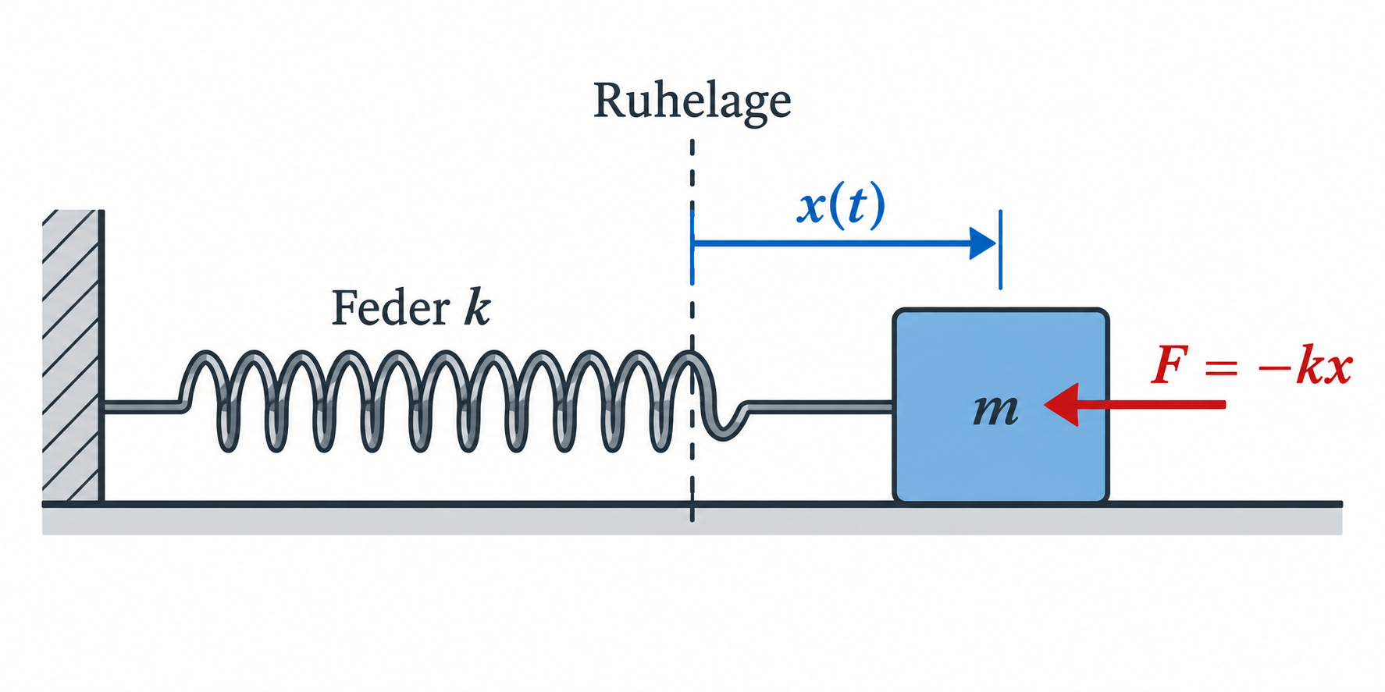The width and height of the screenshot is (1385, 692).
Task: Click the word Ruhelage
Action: [x=692, y=101]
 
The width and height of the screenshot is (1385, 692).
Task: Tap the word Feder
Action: [x=390, y=308]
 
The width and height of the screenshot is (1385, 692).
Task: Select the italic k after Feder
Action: [x=477, y=307]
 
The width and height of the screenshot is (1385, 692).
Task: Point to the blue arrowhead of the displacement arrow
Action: [x=982, y=243]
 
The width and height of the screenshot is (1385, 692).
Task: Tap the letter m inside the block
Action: [x=995, y=410]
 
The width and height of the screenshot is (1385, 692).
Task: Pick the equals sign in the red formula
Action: [x=1221, y=367]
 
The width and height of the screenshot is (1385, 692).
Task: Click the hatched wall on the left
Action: [x=72, y=355]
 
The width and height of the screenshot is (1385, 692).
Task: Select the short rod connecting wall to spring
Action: [x=142, y=406]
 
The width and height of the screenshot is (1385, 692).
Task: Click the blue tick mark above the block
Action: [x=1000, y=250]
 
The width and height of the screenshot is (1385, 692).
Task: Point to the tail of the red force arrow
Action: [x=1224, y=404]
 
